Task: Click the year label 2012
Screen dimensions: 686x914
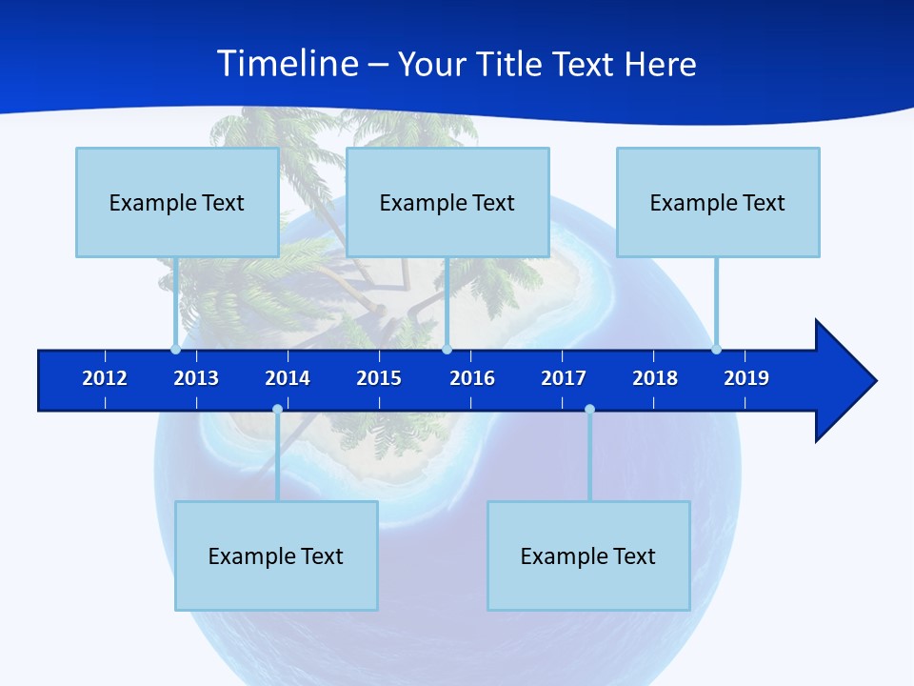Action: coord(105,378)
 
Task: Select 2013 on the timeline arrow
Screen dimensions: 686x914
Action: coord(196,378)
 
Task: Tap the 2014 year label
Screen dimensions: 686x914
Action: coord(288,378)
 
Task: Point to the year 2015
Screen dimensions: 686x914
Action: coord(379,378)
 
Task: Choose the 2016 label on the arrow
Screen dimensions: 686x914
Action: coord(472,378)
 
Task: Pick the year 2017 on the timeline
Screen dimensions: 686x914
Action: coord(564,378)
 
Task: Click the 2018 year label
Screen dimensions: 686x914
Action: coord(655,378)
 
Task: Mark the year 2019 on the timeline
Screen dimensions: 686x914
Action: coord(746,378)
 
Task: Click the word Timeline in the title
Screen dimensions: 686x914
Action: coord(288,64)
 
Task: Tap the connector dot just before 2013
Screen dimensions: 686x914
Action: coord(175,349)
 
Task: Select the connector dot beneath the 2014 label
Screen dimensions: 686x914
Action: coord(277,409)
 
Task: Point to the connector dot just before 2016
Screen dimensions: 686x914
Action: coord(447,349)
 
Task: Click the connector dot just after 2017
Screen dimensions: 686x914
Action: coord(589,409)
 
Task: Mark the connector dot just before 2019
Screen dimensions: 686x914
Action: coord(716,349)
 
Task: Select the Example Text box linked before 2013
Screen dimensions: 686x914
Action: coord(177,202)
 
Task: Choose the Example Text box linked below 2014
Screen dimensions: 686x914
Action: coord(276,555)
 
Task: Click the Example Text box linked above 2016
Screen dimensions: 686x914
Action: coord(447,202)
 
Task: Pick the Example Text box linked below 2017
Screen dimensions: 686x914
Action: coord(588,555)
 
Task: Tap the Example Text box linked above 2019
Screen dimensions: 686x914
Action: coord(718,202)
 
